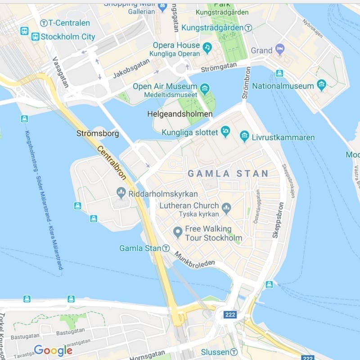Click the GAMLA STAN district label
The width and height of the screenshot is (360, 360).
pos(228,173)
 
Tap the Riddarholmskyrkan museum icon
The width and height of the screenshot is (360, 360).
pos(121,193)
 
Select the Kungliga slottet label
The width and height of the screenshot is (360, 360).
pos(189,132)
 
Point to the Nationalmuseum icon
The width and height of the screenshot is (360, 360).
pos(321,85)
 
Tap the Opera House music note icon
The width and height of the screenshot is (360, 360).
pos(207,47)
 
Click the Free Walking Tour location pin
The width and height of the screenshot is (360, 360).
pos(178,232)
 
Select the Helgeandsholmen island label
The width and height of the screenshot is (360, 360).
pos(180,114)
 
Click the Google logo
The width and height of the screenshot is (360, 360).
pos(53,350)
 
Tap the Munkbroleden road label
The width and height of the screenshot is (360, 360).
pos(194,259)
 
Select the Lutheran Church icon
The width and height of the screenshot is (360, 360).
pos(226,207)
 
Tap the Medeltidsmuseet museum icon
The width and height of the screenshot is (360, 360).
pos(205,87)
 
